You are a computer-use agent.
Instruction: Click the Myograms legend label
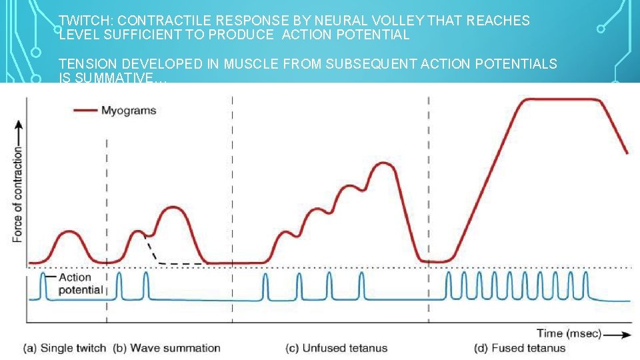point(129,110)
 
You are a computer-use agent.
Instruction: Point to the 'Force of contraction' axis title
point(18,193)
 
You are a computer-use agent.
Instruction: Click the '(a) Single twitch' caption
point(64,348)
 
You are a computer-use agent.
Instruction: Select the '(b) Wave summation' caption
point(167,348)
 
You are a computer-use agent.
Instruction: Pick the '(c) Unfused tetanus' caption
point(337,348)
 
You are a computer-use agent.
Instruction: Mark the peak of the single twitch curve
point(69,231)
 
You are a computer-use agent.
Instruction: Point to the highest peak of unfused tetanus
point(382,163)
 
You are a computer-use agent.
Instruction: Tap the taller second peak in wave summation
point(173,207)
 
